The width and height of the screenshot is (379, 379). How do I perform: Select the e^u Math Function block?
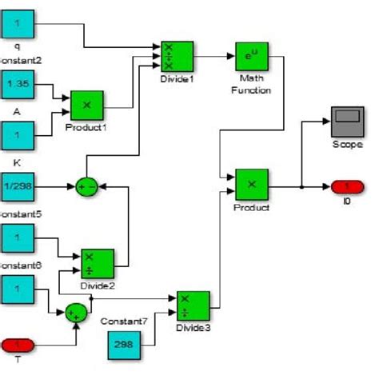pyautogui.click(x=251, y=57)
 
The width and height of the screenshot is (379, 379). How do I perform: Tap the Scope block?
pyautogui.click(x=345, y=122)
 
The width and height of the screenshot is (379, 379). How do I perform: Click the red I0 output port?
pyautogui.click(x=346, y=186)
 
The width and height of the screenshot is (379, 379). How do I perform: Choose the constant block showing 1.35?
pyautogui.click(x=17, y=84)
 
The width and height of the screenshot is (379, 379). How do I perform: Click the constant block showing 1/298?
pyautogui.click(x=17, y=186)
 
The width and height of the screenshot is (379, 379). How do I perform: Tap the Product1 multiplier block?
pyautogui.click(x=87, y=106)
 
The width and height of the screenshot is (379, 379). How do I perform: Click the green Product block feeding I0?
pyautogui.click(x=251, y=185)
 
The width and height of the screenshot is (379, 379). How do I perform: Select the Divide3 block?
pyautogui.click(x=193, y=306)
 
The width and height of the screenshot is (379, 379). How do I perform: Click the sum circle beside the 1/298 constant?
pyautogui.click(x=86, y=187)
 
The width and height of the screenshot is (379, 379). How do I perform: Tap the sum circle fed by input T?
pyautogui.click(x=76, y=311)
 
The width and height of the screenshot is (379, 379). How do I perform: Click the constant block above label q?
pyautogui.click(x=17, y=25)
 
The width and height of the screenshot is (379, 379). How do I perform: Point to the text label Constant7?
pyautogui.click(x=123, y=321)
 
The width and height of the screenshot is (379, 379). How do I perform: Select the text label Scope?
pyautogui.click(x=346, y=144)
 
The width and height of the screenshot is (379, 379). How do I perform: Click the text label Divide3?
pyautogui.click(x=193, y=328)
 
